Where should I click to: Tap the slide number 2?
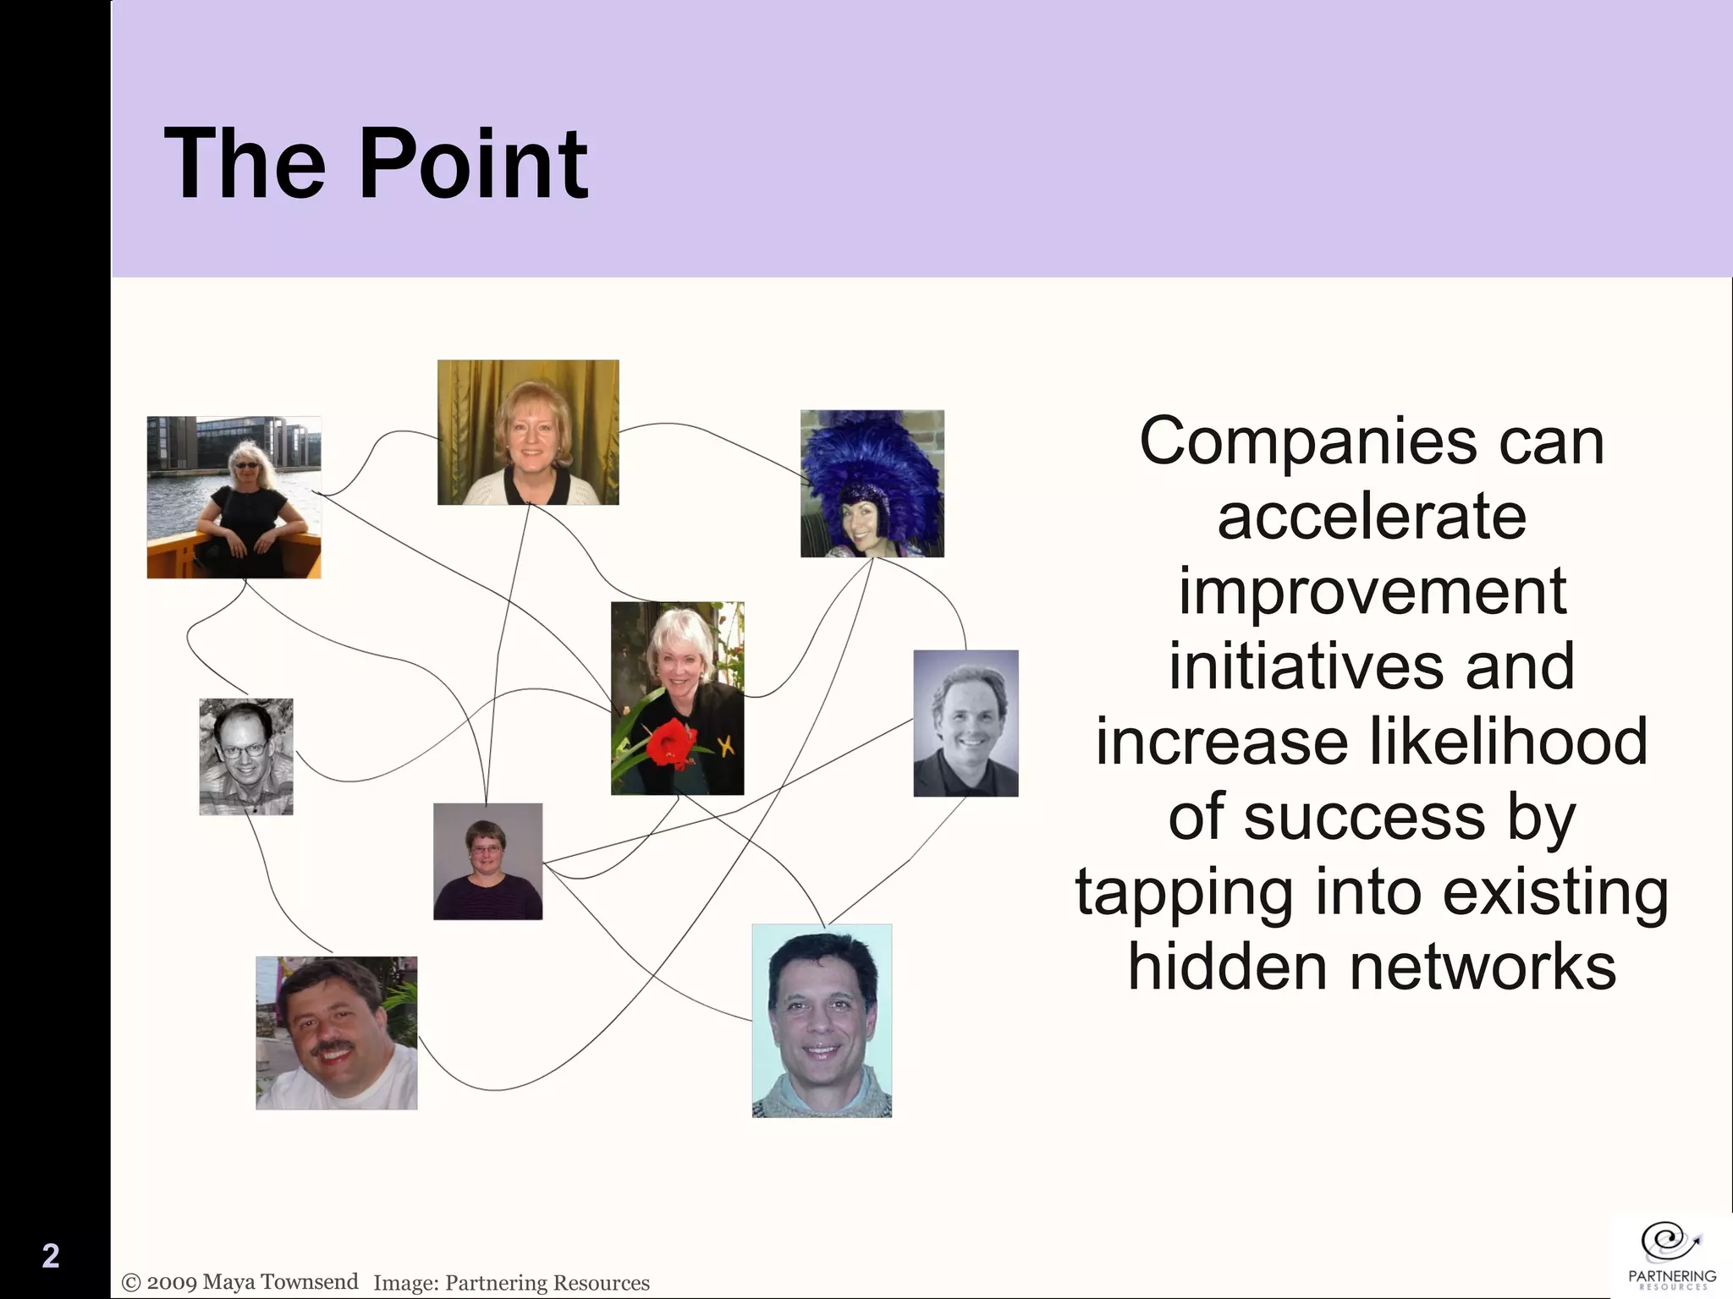tap(51, 1256)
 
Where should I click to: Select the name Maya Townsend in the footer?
tap(280, 1282)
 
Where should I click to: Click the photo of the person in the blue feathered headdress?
tap(872, 484)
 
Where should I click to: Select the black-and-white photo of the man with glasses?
tap(246, 757)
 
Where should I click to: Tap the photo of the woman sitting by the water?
tap(234, 497)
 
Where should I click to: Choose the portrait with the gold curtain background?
tap(528, 432)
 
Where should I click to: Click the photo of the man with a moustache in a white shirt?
tap(336, 1033)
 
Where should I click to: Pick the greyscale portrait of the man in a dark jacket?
tap(966, 724)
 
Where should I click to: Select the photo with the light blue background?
tap(822, 1021)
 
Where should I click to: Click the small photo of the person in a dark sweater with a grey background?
tap(487, 861)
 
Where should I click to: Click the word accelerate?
tap(1372, 518)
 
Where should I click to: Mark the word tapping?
tap(1184, 893)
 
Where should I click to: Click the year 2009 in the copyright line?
tap(172, 1282)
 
